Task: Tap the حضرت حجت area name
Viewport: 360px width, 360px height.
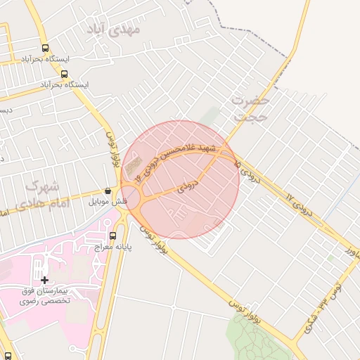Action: point(250,110)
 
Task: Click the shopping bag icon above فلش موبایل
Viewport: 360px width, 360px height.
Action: point(108,191)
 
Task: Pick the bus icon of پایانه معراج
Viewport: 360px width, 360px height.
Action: point(115,236)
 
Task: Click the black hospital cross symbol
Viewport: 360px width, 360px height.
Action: point(45,280)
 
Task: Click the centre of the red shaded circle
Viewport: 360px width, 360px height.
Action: point(180,179)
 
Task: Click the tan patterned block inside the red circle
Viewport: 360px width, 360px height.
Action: point(133,167)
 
